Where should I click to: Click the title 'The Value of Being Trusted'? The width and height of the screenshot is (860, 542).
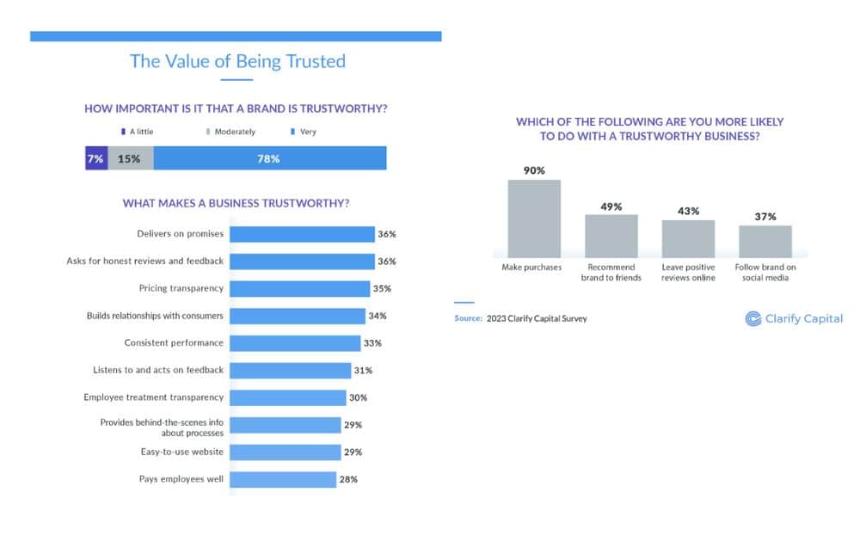coord(237,61)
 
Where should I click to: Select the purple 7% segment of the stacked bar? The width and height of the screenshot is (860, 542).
coord(96,158)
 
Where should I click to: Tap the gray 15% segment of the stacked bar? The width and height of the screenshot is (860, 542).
coord(131,158)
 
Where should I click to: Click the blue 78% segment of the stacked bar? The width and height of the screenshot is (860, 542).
coord(269,158)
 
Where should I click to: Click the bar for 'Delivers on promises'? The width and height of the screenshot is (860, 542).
coord(303,234)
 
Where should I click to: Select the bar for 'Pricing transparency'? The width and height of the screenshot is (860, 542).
coord(301,288)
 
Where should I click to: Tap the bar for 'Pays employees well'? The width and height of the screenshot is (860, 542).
coord(284,479)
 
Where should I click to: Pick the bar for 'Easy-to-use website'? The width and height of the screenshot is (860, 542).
coord(286,452)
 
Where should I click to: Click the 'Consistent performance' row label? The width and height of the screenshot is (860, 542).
coord(174,342)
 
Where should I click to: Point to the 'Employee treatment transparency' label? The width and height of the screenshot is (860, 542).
coord(153,397)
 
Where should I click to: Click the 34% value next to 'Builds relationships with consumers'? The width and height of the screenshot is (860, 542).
coord(378,316)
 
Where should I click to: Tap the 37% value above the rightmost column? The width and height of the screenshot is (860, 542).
coord(765,217)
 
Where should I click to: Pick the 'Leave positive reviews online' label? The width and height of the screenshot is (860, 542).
coord(688,272)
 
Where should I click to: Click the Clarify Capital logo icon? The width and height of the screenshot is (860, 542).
coord(752,318)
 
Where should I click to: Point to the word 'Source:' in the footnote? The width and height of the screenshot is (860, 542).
coord(468,318)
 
